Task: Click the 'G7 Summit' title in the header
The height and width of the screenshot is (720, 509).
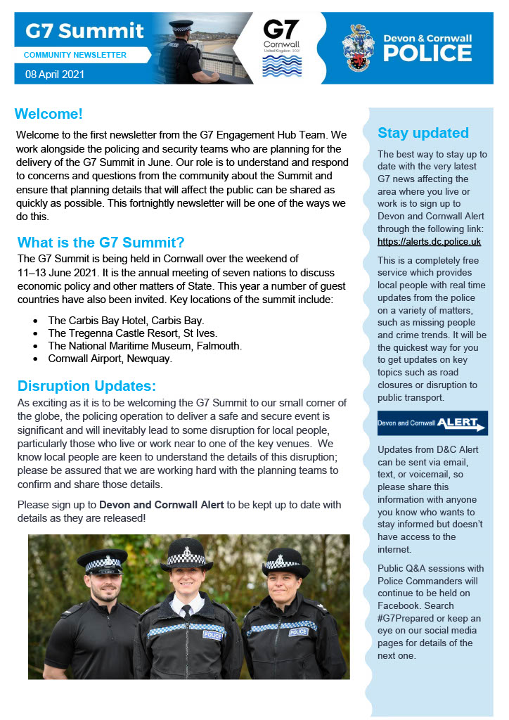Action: coord(84,32)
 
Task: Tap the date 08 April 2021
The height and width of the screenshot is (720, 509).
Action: coord(54,74)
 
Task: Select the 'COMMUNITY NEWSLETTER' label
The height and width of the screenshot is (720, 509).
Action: coord(75,55)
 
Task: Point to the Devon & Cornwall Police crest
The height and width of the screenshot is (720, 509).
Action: coord(358,47)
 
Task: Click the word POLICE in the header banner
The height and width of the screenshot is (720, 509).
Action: coord(427,53)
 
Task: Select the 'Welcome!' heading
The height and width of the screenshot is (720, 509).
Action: coord(49,114)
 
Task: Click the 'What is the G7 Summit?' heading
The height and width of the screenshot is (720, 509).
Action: coord(101,243)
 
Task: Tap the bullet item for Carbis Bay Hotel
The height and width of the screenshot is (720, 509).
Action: coord(126,320)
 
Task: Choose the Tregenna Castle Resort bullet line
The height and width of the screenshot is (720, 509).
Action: coord(133,333)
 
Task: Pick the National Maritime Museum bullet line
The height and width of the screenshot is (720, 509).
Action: coord(145,346)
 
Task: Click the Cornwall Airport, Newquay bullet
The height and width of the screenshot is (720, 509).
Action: coord(110,359)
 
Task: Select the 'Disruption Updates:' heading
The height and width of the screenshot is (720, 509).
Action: coord(86,386)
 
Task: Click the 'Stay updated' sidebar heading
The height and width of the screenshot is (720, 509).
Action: coord(423,133)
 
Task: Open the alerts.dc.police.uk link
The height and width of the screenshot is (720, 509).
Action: coord(429,242)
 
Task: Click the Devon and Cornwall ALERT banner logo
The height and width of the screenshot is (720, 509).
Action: coord(432,423)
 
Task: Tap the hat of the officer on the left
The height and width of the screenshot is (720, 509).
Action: coord(102,561)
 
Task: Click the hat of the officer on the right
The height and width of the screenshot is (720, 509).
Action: coord(286,562)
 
